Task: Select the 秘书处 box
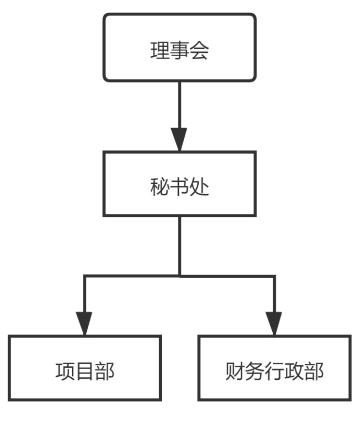[x=179, y=183]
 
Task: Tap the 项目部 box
[x=85, y=367]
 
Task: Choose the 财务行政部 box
[x=274, y=367]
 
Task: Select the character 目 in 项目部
[x=85, y=372]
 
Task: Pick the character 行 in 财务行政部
[x=275, y=372]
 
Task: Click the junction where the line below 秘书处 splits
[x=179, y=276]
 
